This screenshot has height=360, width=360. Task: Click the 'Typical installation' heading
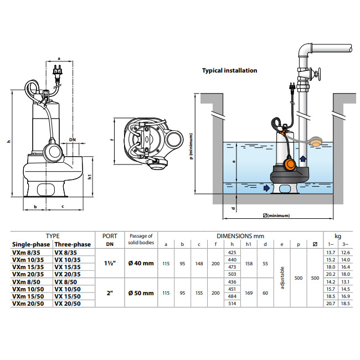[x=229, y=71]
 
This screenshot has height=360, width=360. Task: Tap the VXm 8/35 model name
[x=25, y=252]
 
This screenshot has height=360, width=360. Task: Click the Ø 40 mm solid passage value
[x=141, y=263]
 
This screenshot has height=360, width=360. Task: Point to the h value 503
[x=232, y=274]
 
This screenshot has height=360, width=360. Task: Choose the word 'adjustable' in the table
[x=282, y=277]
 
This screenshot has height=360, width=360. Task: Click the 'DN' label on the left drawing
[x=73, y=139]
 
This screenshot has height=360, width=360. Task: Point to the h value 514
[x=232, y=304]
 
